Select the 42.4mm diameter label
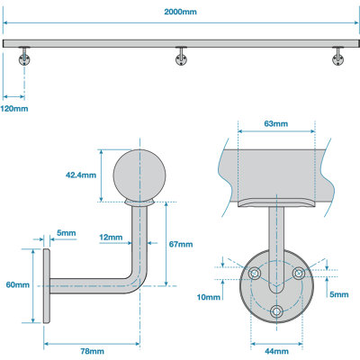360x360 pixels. (x=81, y=175)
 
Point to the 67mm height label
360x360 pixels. (x=180, y=244)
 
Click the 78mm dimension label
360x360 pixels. (x=90, y=349)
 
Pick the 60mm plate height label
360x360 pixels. (x=16, y=285)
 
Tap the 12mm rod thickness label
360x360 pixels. (x=111, y=238)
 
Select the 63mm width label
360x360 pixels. (x=275, y=123)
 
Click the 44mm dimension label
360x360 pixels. (x=275, y=349)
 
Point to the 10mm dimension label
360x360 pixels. (x=209, y=297)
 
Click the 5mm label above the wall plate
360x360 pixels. (x=66, y=233)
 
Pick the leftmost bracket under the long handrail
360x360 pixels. (x=24, y=57)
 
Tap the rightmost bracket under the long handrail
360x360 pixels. (x=338, y=57)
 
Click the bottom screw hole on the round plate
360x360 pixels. (x=275, y=310)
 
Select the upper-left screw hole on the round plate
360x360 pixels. (x=255, y=274)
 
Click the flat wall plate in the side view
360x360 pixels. (x=43, y=285)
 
